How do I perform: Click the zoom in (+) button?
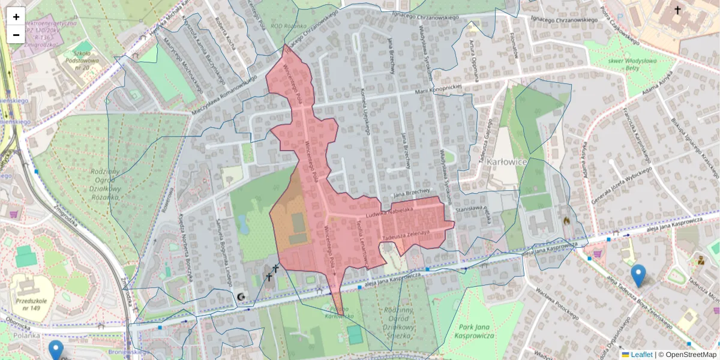pos(16,17)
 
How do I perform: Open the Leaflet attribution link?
pos(641,355)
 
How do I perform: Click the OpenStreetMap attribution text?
pos(690,355)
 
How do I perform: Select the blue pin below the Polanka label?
pos(56,350)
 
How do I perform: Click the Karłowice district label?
pos(506,162)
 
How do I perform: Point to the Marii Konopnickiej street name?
pos(441,89)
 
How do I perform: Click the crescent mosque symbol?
pos(241,296)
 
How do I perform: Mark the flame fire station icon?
pos(565,221)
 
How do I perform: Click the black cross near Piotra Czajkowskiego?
pos(677,10)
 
